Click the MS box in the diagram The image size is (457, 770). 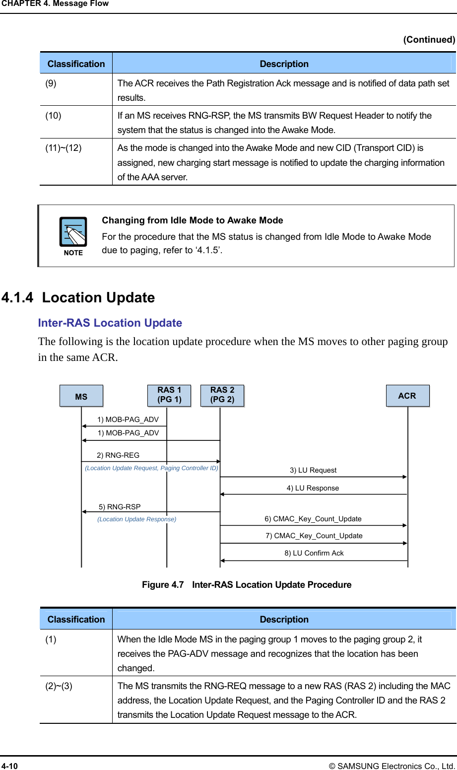click(81, 396)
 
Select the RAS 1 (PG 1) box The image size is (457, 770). click(169, 395)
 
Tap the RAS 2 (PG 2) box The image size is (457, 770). click(222, 395)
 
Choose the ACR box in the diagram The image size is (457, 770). click(407, 396)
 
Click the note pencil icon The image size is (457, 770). click(73, 232)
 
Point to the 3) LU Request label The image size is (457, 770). click(313, 470)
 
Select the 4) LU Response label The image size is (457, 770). click(313, 488)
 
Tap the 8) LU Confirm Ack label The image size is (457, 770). click(314, 553)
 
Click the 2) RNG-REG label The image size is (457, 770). click(118, 455)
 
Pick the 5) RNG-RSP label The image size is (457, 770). click(120, 507)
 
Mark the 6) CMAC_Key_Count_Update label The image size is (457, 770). click(313, 519)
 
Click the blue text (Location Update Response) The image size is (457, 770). click(136, 519)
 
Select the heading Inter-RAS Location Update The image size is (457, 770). click(110, 323)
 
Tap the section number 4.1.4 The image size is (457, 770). click(17, 297)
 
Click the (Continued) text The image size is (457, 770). click(429, 40)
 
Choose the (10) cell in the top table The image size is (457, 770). click(54, 116)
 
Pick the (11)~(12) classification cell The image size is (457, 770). click(64, 148)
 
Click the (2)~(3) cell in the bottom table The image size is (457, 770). click(59, 686)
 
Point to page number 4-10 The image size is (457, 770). click(9, 766)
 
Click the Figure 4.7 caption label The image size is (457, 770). click(163, 585)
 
